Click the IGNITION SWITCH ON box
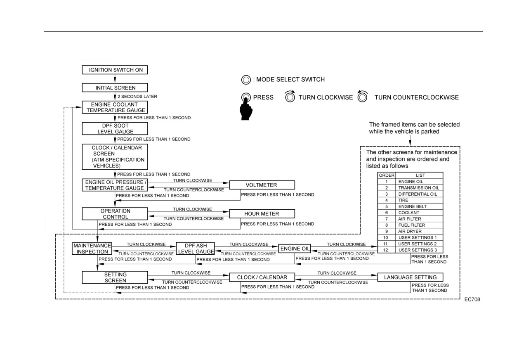115,70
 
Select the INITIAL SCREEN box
115,88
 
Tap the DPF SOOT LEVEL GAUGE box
115,128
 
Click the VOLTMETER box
262,185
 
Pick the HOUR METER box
262,213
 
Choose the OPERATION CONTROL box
115,213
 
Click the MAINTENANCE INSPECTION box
92,249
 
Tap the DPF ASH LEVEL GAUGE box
196,249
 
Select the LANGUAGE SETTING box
410,277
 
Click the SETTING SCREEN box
115,277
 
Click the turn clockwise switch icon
290,97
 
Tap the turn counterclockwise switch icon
363,97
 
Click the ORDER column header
387,175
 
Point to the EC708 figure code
472,299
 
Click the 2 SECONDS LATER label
137,97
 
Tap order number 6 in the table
387,213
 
